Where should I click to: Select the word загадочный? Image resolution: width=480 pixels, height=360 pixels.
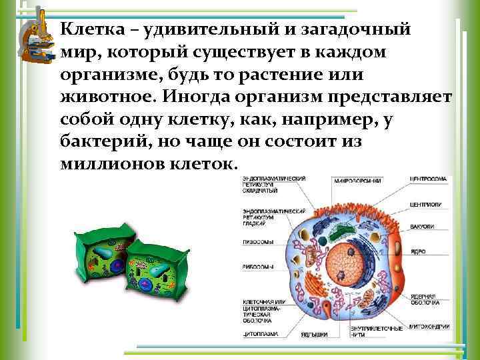[x=363, y=31]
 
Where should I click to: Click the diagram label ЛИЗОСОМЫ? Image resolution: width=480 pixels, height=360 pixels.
[x=257, y=243]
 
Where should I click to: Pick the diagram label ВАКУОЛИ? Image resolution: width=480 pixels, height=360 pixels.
[x=422, y=227]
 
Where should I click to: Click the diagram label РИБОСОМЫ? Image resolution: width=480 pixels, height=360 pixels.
[x=257, y=267]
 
